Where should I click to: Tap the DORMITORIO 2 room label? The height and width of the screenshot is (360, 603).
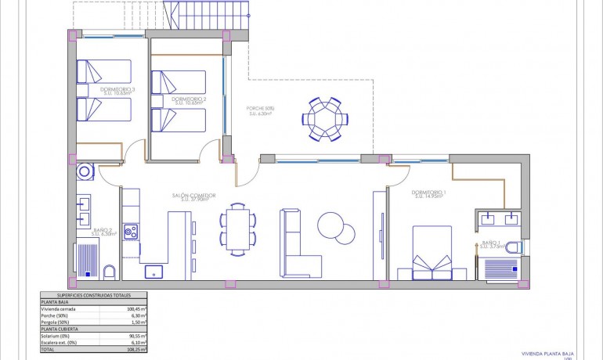[189, 99]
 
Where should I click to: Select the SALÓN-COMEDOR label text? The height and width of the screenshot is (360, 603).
[193, 196]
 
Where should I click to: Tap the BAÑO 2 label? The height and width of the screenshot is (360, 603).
[100, 230]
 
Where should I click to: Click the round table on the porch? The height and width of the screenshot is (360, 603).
[323, 119]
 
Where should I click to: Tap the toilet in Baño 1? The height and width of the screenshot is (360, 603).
[513, 247]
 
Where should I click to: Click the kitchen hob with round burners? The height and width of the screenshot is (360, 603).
[130, 232]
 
